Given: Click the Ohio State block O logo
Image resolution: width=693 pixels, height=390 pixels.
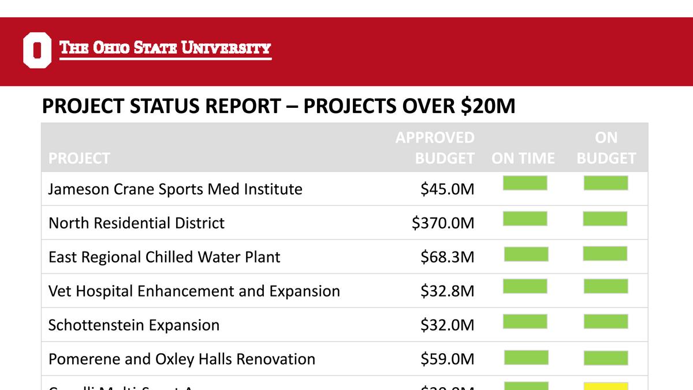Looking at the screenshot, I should pos(37,51).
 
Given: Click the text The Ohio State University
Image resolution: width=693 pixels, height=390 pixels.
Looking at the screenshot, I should pos(165,48).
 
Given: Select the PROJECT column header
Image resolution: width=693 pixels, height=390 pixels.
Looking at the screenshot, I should pos(79,158).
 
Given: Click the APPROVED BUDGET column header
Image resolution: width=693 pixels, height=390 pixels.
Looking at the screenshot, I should pos(435,148).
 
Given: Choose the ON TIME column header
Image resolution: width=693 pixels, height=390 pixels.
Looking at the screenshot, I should pos(523,158).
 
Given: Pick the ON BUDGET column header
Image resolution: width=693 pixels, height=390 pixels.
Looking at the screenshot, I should pos(606,148).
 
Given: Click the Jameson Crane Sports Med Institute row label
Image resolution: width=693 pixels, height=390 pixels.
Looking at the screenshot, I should pos(175,189).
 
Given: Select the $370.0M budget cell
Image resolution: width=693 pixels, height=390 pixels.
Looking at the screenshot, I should pos(443,223).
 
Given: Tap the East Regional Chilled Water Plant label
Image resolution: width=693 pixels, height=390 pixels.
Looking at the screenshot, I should pos(164,257).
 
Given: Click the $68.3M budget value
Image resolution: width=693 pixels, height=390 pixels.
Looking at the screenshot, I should pos(448,257).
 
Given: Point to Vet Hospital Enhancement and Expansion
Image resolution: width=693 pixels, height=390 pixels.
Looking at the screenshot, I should pos(194,291).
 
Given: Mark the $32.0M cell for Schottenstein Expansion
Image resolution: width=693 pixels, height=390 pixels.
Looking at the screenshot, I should pos(448,325).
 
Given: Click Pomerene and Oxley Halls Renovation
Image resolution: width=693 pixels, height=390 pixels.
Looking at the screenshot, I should pos(182,359).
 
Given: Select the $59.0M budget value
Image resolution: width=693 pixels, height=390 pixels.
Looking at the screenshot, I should pos(448,359).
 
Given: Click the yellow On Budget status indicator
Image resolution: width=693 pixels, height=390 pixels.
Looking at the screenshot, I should pos(606,386).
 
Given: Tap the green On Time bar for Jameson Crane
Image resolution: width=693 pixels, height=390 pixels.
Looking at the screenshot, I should pos(525,184).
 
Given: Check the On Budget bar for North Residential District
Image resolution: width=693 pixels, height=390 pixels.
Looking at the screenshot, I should pos(605,219).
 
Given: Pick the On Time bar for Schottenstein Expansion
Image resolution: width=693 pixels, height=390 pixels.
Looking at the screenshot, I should pos(525,321).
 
